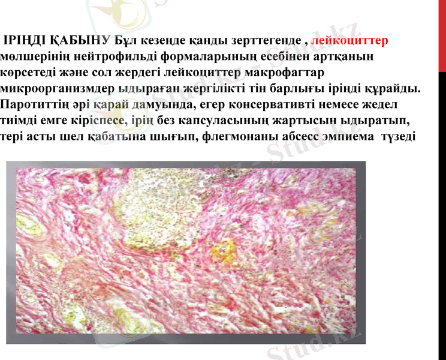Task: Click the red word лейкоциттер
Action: pyautogui.click(x=350, y=41)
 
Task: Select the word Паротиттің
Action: pyautogui.click(x=32, y=105)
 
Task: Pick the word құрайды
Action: pyautogui.click(x=392, y=89)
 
